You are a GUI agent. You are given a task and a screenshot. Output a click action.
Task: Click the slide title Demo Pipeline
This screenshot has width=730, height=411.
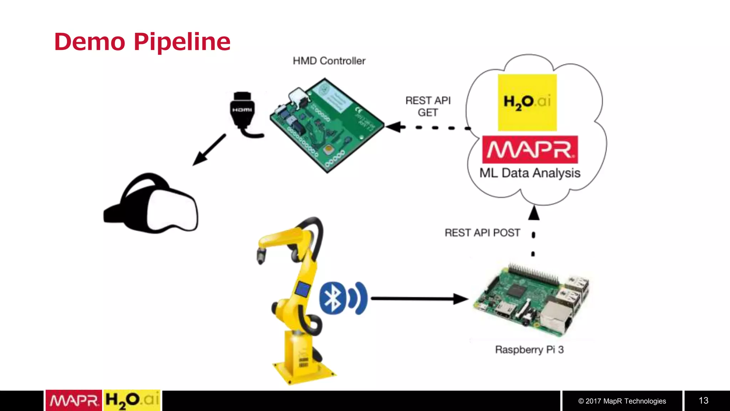[x=142, y=42]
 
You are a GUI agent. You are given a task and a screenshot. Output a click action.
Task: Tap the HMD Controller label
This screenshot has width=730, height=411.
[x=329, y=61]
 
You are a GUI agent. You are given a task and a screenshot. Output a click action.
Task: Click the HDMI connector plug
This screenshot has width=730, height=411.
[x=243, y=110]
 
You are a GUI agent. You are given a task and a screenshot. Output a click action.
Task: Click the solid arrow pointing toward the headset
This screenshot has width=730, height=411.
[x=209, y=150]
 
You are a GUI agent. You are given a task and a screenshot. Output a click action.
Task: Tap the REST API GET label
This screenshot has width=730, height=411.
[x=428, y=106]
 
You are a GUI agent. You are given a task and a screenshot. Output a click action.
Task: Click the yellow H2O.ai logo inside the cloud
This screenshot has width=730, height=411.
[x=527, y=102]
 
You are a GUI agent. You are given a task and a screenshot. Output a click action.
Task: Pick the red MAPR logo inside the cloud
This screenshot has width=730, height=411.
[x=530, y=149]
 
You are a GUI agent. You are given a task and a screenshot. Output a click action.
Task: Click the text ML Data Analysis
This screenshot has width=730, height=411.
[x=530, y=173]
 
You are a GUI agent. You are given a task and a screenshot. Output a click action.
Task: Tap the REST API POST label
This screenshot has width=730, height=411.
[x=482, y=233]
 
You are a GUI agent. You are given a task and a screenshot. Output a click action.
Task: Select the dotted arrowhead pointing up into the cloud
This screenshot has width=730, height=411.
[x=534, y=213]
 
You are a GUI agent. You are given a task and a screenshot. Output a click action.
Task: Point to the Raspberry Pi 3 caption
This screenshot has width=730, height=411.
[x=529, y=350]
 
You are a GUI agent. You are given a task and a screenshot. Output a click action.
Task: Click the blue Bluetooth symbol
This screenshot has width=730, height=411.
[x=333, y=298]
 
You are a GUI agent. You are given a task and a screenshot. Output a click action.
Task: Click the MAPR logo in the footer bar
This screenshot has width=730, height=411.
[x=74, y=401]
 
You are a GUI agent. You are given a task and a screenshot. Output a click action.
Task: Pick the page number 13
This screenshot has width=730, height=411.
[x=703, y=401]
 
